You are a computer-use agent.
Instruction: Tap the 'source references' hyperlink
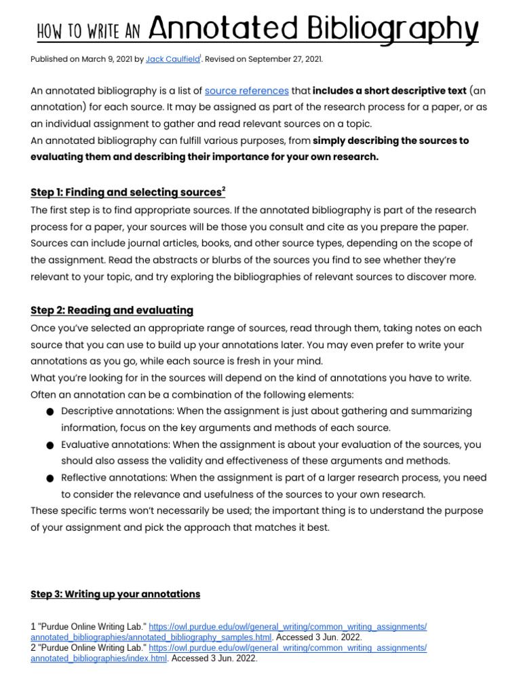click(x=246, y=91)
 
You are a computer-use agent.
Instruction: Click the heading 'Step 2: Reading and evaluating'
click(x=112, y=310)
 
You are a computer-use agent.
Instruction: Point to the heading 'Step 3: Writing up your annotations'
click(x=115, y=594)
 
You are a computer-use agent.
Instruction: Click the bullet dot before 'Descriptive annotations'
click(x=51, y=412)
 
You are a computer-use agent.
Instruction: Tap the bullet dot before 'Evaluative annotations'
click(x=51, y=445)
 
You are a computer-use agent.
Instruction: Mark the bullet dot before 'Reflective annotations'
click(x=51, y=478)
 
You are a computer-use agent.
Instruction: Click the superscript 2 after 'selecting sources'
click(x=223, y=189)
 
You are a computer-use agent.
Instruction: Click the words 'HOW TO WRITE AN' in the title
click(x=88, y=31)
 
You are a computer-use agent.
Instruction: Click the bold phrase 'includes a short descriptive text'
click(x=389, y=91)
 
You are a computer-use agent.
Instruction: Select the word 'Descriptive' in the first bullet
click(x=87, y=411)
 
